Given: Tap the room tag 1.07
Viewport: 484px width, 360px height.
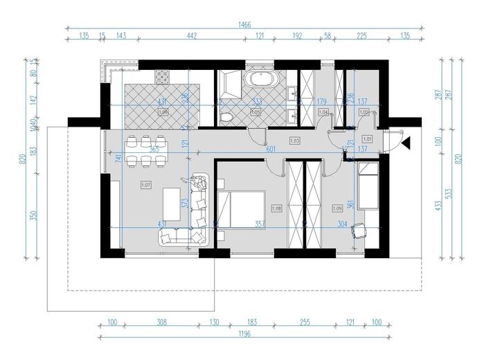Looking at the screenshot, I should click(x=145, y=185).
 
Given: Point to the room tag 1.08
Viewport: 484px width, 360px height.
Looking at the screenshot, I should click(x=277, y=207).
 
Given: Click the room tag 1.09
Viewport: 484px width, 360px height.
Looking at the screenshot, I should click(x=338, y=207).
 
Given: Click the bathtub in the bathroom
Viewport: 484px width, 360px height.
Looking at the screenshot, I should click(x=260, y=79).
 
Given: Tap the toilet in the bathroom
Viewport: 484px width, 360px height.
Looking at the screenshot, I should click(x=225, y=118).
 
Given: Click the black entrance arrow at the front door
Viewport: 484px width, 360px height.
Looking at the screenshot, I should click(x=409, y=143).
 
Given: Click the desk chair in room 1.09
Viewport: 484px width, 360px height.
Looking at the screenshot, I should click(x=359, y=231).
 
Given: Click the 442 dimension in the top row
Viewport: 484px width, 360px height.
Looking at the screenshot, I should click(x=190, y=35).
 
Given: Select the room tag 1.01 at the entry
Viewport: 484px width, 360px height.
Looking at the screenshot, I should click(x=367, y=139).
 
